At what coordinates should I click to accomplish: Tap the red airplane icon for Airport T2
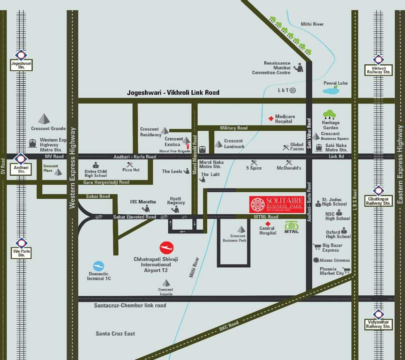[166, 247]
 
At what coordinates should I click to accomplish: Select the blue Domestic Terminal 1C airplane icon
[98, 266]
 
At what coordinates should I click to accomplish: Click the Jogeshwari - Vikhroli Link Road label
[173, 93]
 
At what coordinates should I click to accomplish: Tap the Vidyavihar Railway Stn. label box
[378, 324]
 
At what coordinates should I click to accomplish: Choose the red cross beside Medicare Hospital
[270, 119]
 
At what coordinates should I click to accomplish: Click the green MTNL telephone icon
[292, 226]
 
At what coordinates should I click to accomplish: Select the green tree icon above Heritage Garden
[330, 114]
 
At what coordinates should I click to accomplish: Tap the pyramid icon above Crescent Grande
[44, 118]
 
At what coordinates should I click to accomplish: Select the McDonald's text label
[289, 168]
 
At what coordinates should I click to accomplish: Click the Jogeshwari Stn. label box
[21, 65]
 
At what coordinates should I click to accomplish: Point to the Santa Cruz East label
[115, 333]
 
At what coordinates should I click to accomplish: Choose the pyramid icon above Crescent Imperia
[165, 283]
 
